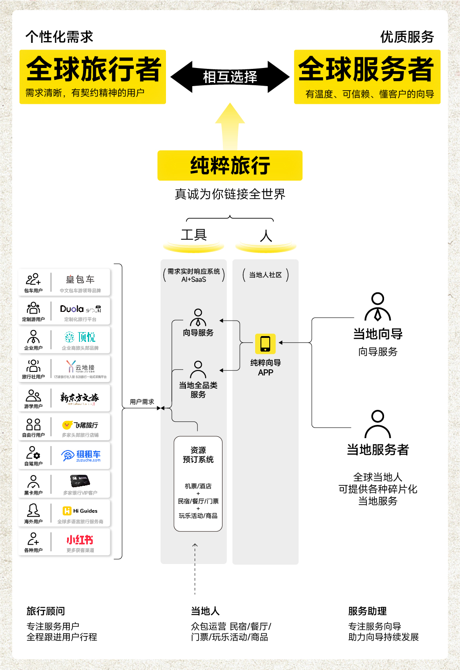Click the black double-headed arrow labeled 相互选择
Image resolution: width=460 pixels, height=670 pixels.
pos(230,77)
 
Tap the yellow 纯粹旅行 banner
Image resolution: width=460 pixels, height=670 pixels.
pos(230,166)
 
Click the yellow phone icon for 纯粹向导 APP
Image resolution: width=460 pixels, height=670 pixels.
pos(265,344)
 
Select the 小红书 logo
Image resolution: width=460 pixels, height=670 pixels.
pos(80,540)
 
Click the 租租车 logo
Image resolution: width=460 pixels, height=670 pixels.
pos(82,455)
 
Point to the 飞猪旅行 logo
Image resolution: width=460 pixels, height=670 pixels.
pos(80,425)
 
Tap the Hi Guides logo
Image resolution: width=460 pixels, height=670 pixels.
pos(80,511)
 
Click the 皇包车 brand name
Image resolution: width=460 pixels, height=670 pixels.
pos(80,280)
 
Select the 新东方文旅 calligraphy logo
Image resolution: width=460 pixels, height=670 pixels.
pos(79,398)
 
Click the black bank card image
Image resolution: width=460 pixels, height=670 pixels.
pos(80,481)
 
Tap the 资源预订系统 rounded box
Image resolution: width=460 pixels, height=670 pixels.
pos(198,484)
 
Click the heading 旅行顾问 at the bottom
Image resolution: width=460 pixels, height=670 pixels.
pos(46,611)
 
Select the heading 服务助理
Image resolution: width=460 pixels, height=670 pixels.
pos(367,611)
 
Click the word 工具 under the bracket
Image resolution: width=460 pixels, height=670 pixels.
pos(194,235)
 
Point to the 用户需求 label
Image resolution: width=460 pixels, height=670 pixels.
pos(142,402)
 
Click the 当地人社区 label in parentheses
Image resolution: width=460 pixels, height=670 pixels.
pos(265,275)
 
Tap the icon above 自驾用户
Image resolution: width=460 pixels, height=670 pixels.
pos(33,453)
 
